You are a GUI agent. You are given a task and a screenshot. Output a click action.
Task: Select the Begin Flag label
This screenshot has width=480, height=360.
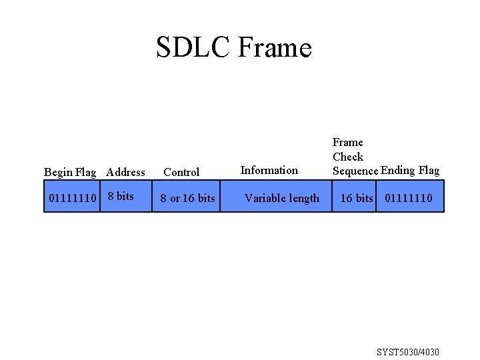[x=70, y=172]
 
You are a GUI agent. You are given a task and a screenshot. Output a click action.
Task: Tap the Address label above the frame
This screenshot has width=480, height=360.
[x=125, y=172]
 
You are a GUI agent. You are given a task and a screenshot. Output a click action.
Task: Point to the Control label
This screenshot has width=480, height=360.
[x=181, y=172]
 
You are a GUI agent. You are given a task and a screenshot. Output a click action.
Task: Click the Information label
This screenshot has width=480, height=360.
[x=269, y=170]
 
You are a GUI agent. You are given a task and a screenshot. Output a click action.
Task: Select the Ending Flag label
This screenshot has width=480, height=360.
[x=410, y=170]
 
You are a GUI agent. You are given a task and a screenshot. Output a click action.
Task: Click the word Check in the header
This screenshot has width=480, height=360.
[x=348, y=157]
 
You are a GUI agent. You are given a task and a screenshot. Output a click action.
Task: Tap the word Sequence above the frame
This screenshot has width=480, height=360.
[x=355, y=171]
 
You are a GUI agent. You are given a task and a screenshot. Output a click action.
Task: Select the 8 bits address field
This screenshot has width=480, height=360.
[x=121, y=196]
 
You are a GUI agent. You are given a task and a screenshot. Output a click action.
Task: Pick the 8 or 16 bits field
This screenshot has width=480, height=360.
[x=187, y=198]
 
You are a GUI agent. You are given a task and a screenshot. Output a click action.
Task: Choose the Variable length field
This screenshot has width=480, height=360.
[x=282, y=198]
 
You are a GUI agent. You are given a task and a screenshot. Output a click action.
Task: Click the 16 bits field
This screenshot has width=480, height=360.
[x=357, y=198]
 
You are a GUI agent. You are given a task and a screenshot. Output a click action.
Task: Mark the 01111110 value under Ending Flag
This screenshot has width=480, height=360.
[x=408, y=198]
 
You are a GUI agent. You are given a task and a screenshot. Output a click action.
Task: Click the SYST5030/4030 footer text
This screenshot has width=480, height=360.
[x=408, y=352]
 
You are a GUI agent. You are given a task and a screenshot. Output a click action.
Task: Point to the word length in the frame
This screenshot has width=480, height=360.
[x=305, y=198]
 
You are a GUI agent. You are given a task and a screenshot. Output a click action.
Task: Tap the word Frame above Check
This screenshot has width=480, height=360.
[x=348, y=142]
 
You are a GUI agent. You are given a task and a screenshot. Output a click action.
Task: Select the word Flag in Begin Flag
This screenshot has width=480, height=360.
[x=85, y=172]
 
